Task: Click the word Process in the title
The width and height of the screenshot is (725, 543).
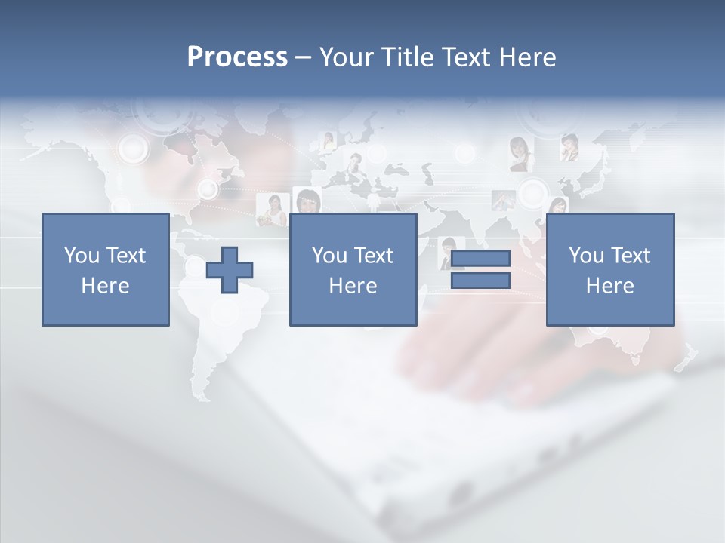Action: coord(237,57)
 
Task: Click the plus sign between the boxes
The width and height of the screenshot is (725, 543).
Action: coord(230,270)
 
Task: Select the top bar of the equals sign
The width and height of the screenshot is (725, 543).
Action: coord(480,259)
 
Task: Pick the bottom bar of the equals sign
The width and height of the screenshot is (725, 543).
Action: coord(480,281)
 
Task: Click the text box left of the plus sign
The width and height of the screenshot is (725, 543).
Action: coord(105,269)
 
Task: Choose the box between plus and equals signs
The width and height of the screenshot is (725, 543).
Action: coord(353,269)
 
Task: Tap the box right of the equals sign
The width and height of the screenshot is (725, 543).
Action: coord(609,269)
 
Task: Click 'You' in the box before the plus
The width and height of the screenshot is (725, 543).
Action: coord(81,256)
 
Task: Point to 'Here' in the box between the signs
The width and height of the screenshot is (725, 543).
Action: coord(353,286)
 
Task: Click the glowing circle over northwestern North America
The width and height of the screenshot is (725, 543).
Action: coord(134,148)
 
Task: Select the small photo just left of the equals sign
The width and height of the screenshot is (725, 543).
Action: coord(446,251)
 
